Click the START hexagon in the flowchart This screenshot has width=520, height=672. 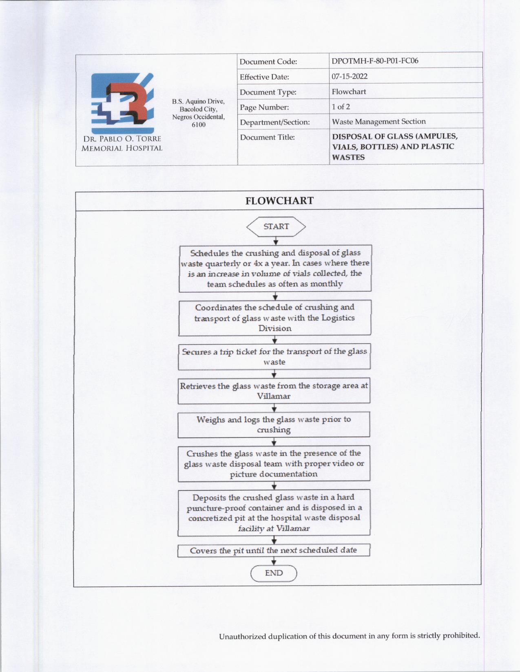[276, 227]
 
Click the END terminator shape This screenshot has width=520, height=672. [274, 573]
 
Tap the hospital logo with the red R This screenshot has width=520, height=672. [122, 103]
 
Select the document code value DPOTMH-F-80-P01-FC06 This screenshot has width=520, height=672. [375, 61]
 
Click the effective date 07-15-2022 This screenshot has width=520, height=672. [350, 76]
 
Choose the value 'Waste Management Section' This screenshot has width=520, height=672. [378, 121]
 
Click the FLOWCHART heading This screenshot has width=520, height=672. [279, 201]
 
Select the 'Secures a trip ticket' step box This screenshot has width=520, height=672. [274, 356]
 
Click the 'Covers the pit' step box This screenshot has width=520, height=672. [273, 550]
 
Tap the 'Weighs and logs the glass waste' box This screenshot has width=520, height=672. [274, 424]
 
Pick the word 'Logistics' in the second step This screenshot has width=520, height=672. [338, 318]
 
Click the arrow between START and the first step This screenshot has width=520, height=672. [276, 241]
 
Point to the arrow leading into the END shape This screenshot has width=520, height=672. [274, 561]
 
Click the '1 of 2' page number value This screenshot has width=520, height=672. [341, 107]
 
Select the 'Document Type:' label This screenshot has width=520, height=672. [268, 92]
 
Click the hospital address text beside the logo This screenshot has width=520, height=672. [198, 113]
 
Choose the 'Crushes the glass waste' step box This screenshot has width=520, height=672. [274, 463]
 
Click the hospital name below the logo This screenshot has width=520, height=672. [122, 143]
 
